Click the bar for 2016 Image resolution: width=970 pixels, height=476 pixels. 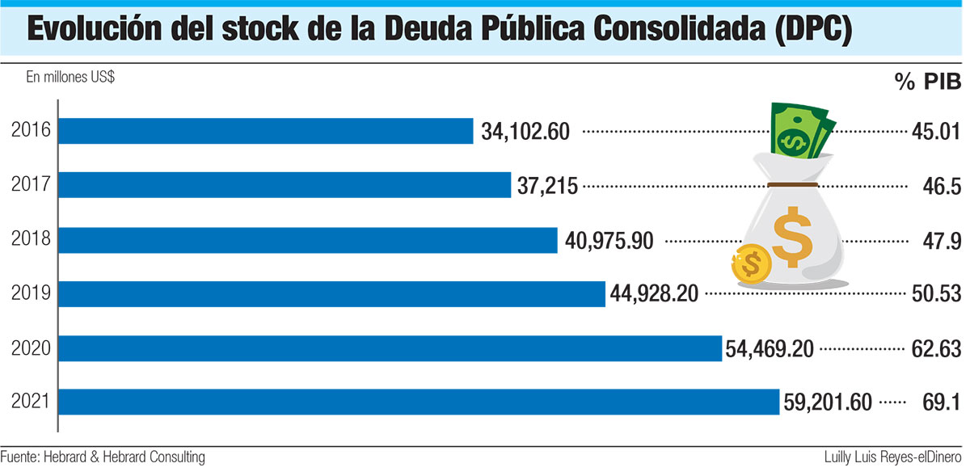[x=267, y=131]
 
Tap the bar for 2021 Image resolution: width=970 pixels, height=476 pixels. [x=420, y=402]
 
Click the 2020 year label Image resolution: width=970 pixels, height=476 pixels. [x=32, y=348]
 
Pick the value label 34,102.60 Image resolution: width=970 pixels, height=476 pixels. [x=525, y=132]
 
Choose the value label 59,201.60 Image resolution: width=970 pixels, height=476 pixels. [x=829, y=402]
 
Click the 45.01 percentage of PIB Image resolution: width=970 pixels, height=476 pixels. [x=935, y=132]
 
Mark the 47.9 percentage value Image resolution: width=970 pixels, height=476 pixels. [x=941, y=241]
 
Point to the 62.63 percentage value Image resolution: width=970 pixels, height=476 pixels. [x=935, y=349]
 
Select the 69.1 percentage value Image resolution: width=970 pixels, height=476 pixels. [x=941, y=402]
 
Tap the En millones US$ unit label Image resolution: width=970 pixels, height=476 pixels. [x=70, y=78]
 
